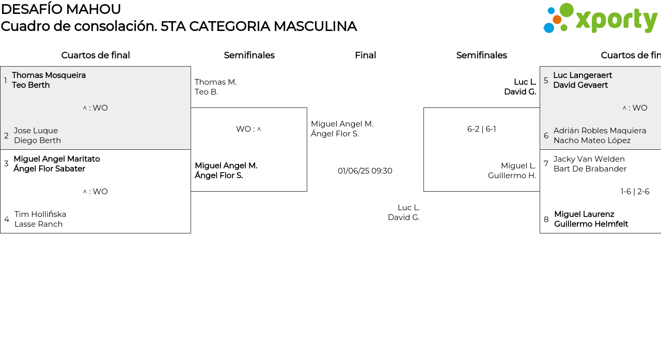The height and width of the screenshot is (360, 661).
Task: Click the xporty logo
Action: (600, 19)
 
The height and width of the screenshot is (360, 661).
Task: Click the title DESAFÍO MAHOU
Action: (61, 9)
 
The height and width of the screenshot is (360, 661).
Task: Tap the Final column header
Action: (365, 55)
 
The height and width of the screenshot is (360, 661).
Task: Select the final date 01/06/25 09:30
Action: (365, 171)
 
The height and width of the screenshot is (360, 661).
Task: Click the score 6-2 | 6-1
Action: (481, 129)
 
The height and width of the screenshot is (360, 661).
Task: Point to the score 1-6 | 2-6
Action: (635, 192)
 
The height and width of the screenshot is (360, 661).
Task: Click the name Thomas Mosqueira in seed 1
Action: (49, 75)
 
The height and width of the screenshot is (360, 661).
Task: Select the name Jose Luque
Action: (36, 131)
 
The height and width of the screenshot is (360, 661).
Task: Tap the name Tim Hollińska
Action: (40, 214)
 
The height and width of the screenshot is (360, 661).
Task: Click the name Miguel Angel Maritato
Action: (57, 159)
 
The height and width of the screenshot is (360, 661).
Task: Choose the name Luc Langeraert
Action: (583, 75)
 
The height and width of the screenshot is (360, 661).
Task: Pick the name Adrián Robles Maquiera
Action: (600, 131)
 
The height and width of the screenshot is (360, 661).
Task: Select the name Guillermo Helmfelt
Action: (591, 224)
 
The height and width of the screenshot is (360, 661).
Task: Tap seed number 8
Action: (546, 220)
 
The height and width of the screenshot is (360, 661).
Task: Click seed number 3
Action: (6, 164)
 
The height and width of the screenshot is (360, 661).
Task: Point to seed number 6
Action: (546, 136)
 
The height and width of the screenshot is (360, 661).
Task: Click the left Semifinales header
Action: (249, 55)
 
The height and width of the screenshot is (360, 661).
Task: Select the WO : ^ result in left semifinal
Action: (248, 129)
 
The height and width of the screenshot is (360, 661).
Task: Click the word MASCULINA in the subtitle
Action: (315, 26)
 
